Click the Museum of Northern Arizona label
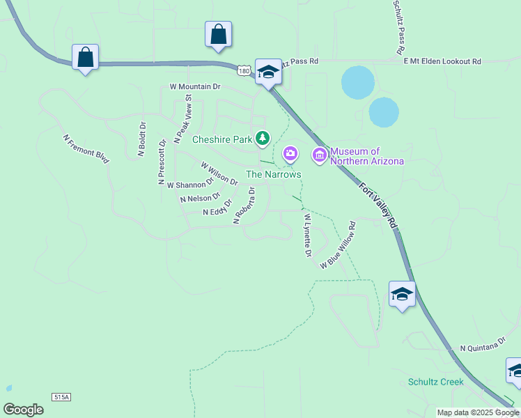pyautogui.click(x=366, y=156)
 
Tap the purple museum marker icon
pyautogui.click(x=320, y=155)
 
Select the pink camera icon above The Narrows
pyautogui.click(x=290, y=153)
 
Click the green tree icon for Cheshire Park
pyautogui.click(x=263, y=139)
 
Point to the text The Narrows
pyautogui.click(x=274, y=173)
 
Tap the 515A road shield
pyautogui.click(x=61, y=396)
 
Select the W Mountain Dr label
pyautogui.click(x=195, y=87)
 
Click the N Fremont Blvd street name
pyautogui.click(x=86, y=149)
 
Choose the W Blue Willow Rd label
pyautogui.click(x=339, y=246)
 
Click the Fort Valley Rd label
pyautogui.click(x=378, y=205)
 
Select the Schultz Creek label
pyautogui.click(x=436, y=382)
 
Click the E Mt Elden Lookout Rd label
pyautogui.click(x=442, y=61)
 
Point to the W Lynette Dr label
pyautogui.click(x=307, y=235)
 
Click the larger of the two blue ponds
pyautogui.click(x=358, y=82)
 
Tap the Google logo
pyautogui.click(x=23, y=410)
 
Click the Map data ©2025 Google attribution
pyautogui.click(x=479, y=412)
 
